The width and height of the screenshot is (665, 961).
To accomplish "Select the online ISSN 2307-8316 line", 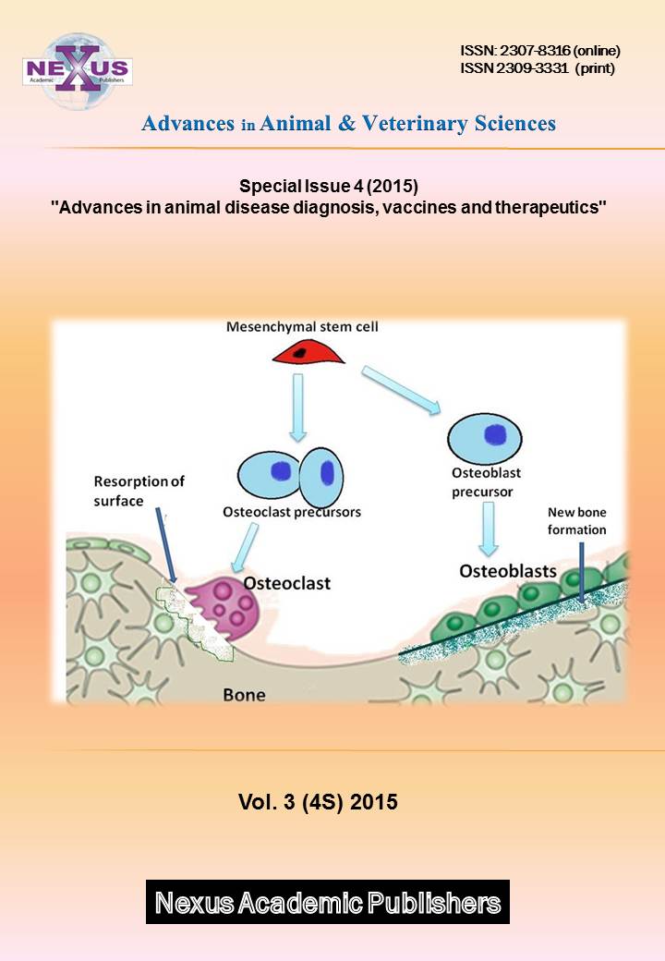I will (539, 50).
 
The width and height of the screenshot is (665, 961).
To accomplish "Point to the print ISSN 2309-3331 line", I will (536, 67).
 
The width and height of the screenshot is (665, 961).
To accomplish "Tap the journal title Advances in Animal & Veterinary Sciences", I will (348, 124).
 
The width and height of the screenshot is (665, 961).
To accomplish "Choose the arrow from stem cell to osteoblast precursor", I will (403, 387).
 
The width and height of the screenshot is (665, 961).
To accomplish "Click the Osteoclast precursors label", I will (291, 511).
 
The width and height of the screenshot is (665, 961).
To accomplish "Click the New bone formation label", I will (576, 520).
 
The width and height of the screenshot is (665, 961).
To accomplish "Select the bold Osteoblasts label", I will (508, 571).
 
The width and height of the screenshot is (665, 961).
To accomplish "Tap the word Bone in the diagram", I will (244, 693).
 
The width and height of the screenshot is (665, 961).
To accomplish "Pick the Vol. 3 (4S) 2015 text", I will (318, 802).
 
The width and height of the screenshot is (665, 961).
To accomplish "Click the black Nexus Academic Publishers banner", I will (327, 902).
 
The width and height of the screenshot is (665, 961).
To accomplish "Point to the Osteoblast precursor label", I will (486, 482).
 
